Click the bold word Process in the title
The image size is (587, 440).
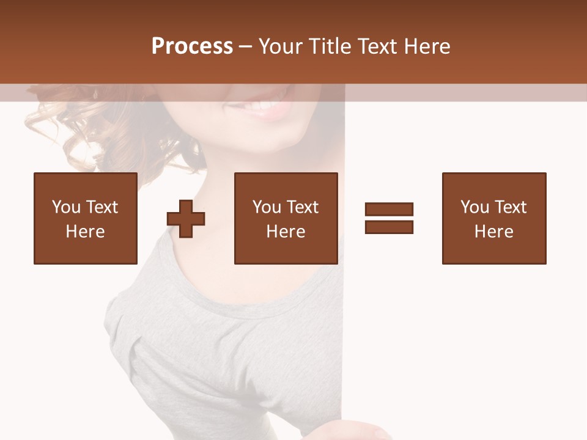pyautogui.click(x=192, y=46)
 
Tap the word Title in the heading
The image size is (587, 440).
pyautogui.click(x=331, y=46)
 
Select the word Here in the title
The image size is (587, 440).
pyautogui.click(x=426, y=46)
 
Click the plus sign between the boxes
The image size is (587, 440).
pyautogui.click(x=186, y=219)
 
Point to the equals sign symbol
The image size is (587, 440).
pyautogui.click(x=389, y=218)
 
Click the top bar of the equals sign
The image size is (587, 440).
pyautogui.click(x=389, y=210)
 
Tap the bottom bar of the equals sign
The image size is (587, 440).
pyautogui.click(x=389, y=227)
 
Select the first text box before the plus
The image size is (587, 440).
pyautogui.click(x=86, y=218)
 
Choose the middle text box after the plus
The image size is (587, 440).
pyautogui.click(x=286, y=218)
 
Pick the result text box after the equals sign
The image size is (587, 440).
pyautogui.click(x=494, y=218)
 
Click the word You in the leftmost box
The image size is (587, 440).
pyautogui.click(x=66, y=207)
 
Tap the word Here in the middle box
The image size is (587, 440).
pyautogui.click(x=286, y=232)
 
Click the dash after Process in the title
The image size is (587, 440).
pyautogui.click(x=245, y=47)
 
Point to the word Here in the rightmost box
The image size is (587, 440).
pyautogui.click(x=494, y=232)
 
